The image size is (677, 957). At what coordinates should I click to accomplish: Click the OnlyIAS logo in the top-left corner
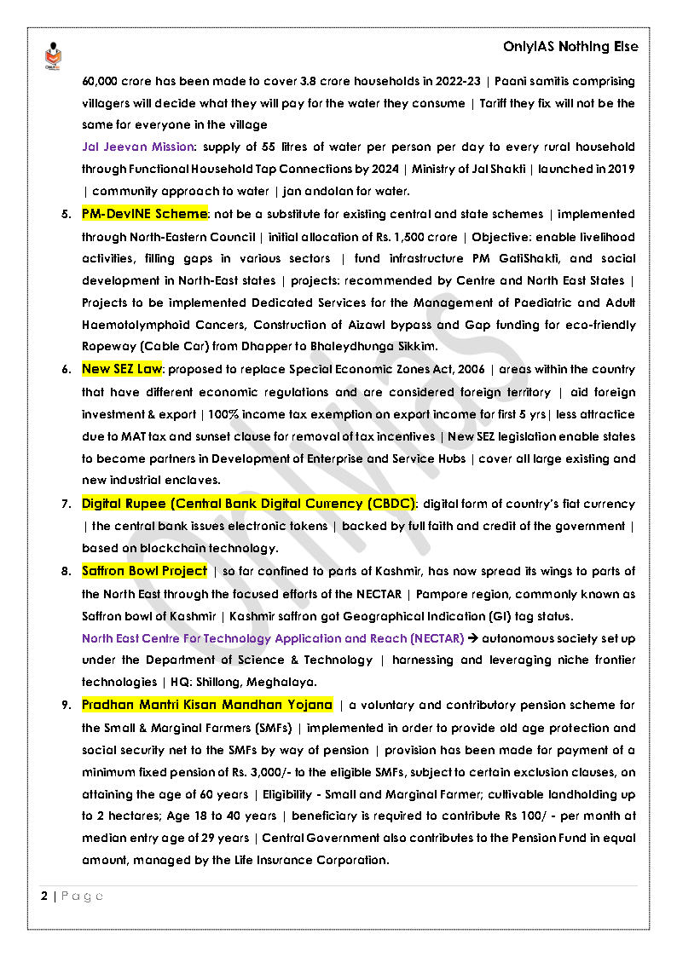[52, 56]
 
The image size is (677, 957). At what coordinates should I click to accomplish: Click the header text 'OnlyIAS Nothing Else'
[570, 48]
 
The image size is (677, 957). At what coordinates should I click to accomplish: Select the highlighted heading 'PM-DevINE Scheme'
[144, 213]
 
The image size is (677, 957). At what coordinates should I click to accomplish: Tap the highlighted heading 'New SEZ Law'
[121, 369]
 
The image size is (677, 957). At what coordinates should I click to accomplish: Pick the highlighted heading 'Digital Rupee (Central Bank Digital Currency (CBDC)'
[248, 503]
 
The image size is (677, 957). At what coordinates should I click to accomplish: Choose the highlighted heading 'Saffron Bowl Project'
[144, 570]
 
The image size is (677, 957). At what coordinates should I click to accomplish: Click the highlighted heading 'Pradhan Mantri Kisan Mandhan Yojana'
[207, 705]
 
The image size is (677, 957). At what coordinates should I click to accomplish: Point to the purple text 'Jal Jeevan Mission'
[138, 147]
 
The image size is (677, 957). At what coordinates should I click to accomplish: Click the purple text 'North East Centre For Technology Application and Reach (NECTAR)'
[273, 637]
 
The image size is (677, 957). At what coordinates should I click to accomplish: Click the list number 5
[66, 214]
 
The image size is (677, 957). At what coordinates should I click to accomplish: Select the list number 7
[66, 504]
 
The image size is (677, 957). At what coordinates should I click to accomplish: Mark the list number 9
[66, 706]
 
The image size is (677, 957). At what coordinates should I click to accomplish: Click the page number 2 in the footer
[43, 896]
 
